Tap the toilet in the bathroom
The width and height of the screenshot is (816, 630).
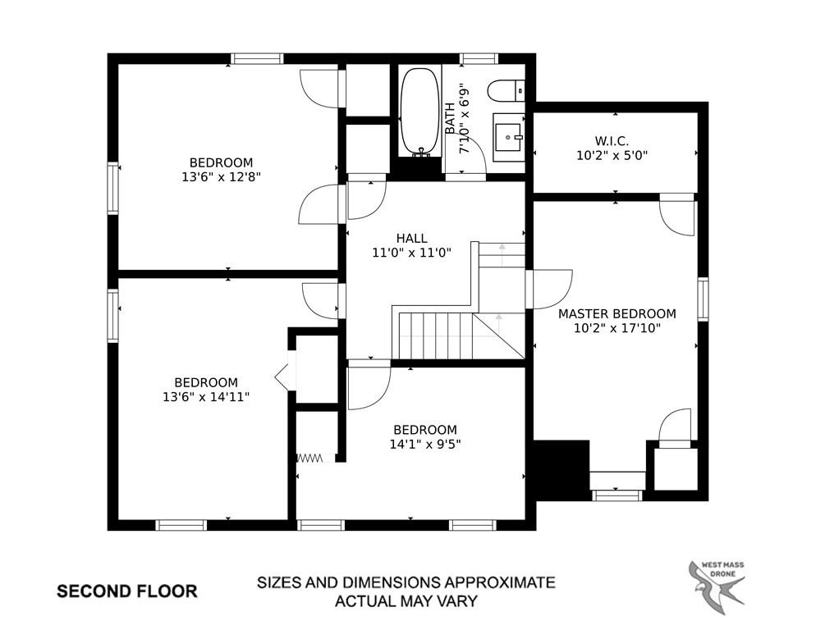point(506,90)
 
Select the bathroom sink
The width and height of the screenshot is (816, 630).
point(508,136)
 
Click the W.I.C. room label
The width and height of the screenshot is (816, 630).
point(612,140)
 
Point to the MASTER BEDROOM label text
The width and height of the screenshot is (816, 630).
point(617,313)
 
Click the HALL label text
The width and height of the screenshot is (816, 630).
point(411,238)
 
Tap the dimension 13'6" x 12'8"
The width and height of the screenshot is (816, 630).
point(221,177)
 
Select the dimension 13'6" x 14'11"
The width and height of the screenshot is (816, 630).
point(206,397)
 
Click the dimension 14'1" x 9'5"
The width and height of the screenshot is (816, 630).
point(425,445)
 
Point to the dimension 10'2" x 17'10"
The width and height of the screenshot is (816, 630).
point(617,328)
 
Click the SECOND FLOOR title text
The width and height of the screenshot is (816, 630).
point(127,591)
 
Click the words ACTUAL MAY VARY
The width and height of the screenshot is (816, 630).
point(406,601)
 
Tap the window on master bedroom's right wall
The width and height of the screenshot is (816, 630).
point(703,299)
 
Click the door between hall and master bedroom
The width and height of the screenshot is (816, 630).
point(549,290)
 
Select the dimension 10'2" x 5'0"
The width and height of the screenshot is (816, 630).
point(612,155)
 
